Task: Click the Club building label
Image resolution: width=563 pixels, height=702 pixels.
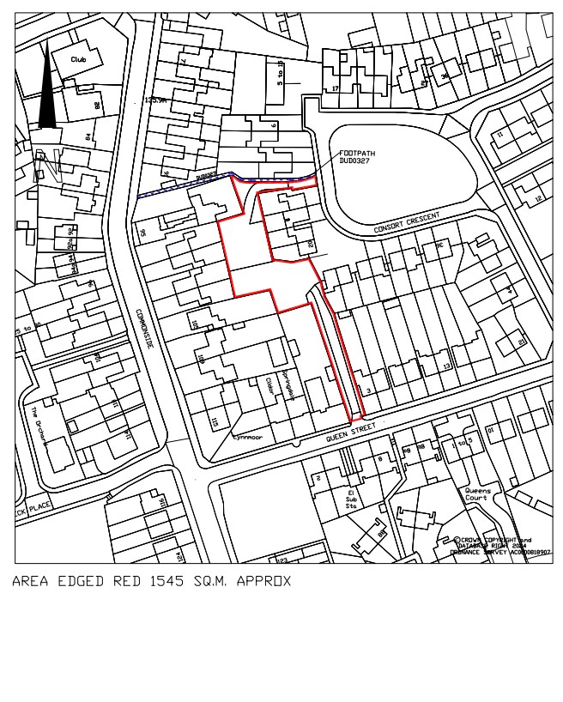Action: point(80,59)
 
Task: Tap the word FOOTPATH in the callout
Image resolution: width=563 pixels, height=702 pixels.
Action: point(357,153)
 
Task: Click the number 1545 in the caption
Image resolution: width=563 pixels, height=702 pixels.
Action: point(167,581)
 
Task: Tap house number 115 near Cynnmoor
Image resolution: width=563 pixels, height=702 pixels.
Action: point(214,422)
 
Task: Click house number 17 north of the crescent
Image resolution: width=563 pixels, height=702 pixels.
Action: point(336,88)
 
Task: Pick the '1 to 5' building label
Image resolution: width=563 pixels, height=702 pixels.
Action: point(461,443)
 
